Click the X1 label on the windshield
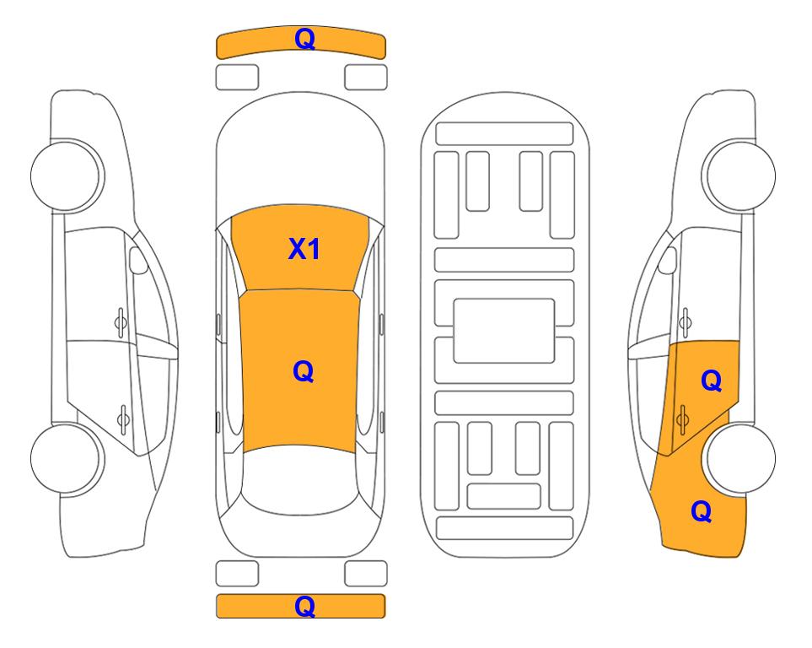[304, 249]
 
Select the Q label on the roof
[304, 371]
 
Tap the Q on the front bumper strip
[305, 38]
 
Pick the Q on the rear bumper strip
[305, 606]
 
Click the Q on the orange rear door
[712, 381]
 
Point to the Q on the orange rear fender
[702, 511]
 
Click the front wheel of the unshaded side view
[67, 175]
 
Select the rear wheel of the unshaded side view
[67, 458]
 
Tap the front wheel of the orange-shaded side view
[739, 175]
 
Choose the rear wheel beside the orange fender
[740, 458]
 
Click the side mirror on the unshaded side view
[137, 260]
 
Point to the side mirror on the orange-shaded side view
[668, 260]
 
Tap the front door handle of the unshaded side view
[121, 322]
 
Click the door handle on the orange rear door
[682, 418]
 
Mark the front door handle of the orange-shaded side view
[686, 322]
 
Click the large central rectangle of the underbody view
[504, 331]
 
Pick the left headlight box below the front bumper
[237, 78]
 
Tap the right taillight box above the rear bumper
[366, 574]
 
